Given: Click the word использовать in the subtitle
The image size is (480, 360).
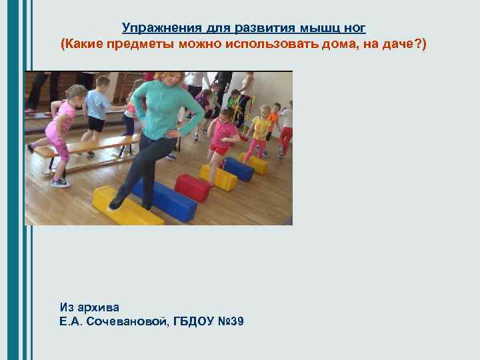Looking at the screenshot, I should [x=269, y=44].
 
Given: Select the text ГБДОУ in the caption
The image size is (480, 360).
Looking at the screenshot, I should [x=195, y=322].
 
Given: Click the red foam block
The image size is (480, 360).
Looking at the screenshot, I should [x=192, y=187].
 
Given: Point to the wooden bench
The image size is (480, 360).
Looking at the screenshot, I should [x=87, y=147].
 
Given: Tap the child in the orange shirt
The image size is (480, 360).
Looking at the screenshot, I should [x=273, y=120].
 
